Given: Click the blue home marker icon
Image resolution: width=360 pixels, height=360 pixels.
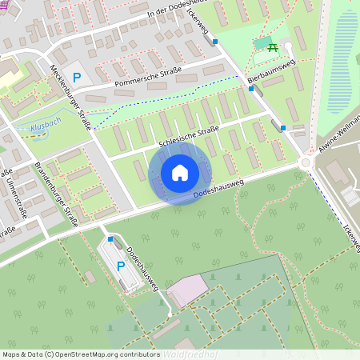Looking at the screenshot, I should click(x=180, y=172).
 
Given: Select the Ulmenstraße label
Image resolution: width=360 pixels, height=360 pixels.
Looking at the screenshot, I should click(x=10, y=192).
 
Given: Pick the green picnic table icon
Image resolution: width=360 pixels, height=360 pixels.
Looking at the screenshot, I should click(x=274, y=48).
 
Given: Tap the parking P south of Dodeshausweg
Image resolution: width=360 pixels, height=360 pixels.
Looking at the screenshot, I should click(x=121, y=266).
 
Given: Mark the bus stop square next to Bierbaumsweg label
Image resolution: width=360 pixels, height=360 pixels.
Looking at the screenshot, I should click(x=251, y=89).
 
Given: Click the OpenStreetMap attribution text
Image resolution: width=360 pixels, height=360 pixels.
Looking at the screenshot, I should click(x=81, y=354).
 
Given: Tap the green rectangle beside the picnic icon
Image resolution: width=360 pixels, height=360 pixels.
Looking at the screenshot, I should click(x=262, y=42).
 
